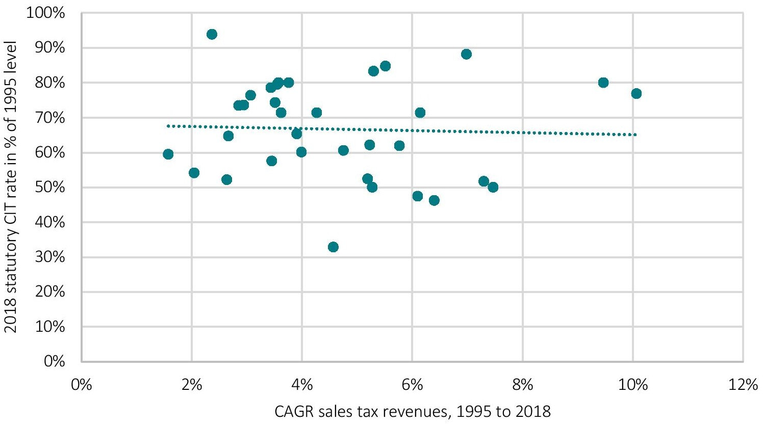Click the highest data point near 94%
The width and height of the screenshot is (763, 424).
click(x=212, y=34)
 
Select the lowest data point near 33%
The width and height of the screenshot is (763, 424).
click(x=333, y=247)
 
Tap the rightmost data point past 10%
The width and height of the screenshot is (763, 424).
click(x=636, y=93)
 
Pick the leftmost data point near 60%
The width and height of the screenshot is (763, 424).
click(x=168, y=154)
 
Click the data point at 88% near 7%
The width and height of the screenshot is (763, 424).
click(x=466, y=54)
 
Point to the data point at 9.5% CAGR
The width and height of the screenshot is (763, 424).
click(x=603, y=83)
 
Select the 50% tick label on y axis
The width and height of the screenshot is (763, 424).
click(x=50, y=188)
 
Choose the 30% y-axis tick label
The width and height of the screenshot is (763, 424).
click(x=50, y=257)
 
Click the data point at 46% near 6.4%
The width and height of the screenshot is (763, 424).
click(x=434, y=200)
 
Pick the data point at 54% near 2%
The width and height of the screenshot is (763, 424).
click(x=194, y=173)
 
